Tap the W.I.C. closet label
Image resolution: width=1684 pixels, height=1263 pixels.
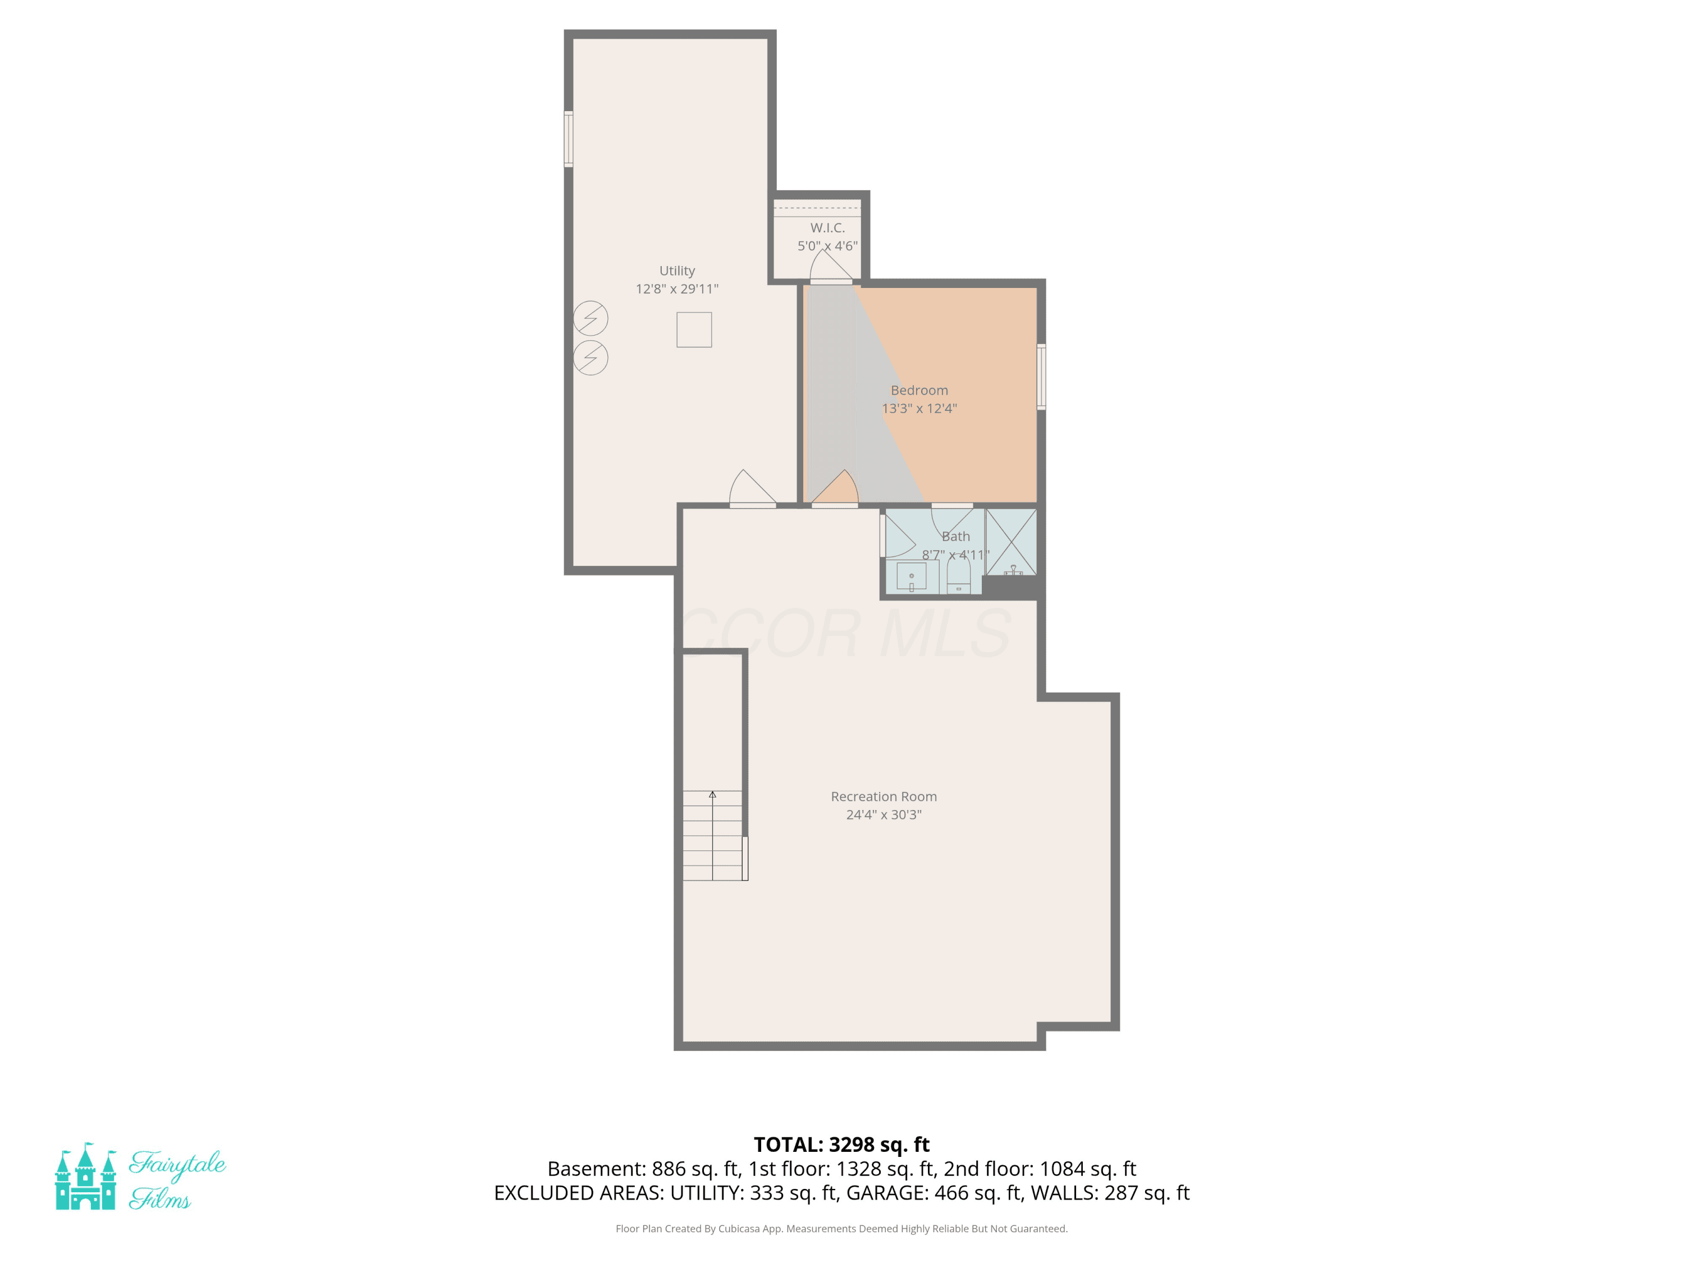coord(827,228)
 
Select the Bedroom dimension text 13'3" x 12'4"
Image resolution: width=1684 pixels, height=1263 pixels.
coord(919,408)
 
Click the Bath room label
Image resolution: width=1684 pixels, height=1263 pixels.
coord(955,537)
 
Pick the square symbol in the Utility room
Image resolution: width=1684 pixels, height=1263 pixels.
coord(694,330)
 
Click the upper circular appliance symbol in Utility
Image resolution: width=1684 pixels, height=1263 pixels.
coord(590,318)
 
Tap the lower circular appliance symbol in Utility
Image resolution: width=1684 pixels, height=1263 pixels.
coord(590,358)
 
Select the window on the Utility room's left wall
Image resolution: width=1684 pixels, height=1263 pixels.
coord(568,139)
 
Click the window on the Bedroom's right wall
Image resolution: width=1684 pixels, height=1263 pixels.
coord(1041,377)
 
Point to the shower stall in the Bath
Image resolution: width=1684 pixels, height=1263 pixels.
coord(1011,541)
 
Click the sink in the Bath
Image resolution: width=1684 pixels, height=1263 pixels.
coord(911,576)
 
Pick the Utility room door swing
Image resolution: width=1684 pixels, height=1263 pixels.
coord(753,488)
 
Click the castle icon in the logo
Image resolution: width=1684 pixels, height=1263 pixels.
coord(85,1176)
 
